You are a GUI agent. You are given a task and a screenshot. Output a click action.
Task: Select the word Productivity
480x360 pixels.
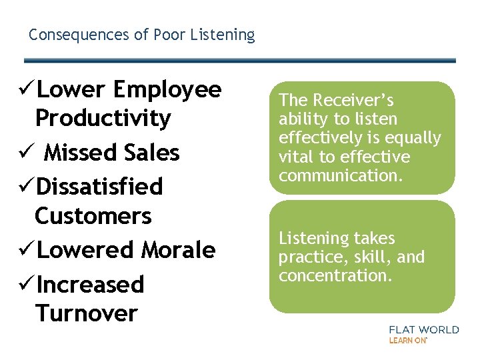click(103, 119)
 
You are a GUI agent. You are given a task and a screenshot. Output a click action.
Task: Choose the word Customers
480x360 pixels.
click(93, 216)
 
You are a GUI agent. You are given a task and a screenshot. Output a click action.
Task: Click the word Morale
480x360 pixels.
click(178, 250)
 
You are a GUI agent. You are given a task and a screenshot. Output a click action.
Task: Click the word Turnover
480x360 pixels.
click(87, 313)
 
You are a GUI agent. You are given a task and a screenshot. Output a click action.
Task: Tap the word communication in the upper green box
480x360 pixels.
click(338, 175)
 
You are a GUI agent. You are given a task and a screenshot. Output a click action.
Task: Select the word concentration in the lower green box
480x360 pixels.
click(335, 275)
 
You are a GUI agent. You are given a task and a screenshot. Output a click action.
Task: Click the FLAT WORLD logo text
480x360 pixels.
click(423, 329)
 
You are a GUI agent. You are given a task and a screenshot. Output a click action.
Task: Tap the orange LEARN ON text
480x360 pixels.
click(407, 340)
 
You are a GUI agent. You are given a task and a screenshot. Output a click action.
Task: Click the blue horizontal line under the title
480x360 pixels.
click(240, 61)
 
